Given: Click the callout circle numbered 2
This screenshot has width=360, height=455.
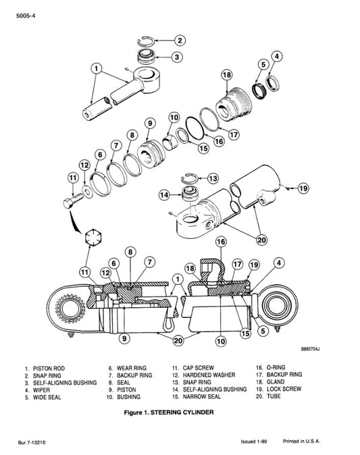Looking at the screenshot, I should tap(179, 41).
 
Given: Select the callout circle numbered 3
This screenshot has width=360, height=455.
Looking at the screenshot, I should tap(176, 57).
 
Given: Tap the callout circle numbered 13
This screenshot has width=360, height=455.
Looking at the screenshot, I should tap(213, 179).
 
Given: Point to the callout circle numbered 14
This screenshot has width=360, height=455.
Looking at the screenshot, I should tap(163, 194).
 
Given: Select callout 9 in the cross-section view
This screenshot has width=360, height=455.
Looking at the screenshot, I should tap(123, 338).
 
